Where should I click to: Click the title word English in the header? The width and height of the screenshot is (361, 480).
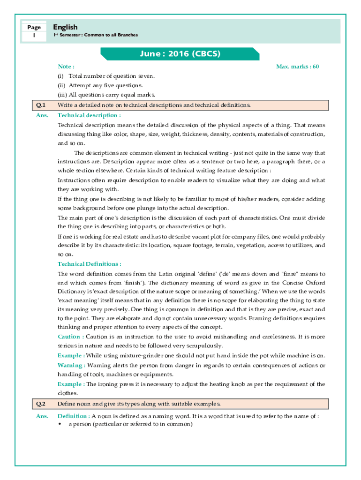pos(65,27)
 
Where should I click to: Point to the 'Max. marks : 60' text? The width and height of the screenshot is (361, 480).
pos(297,67)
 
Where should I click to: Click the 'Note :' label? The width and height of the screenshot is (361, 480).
pos(66,67)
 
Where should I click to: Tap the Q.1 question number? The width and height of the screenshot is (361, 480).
pos(41,105)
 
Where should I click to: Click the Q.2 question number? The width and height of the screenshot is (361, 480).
pos(41,404)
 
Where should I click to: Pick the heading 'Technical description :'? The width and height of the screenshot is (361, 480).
pos(89,115)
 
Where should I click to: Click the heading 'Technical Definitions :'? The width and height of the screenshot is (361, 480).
pos(89,264)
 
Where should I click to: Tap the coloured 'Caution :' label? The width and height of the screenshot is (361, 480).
pos(71,337)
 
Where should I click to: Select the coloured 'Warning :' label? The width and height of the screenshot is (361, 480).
pos(71,365)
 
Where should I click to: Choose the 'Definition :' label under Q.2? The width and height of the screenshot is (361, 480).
pos(74,416)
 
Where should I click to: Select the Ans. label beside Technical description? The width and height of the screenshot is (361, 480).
pos(42,115)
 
